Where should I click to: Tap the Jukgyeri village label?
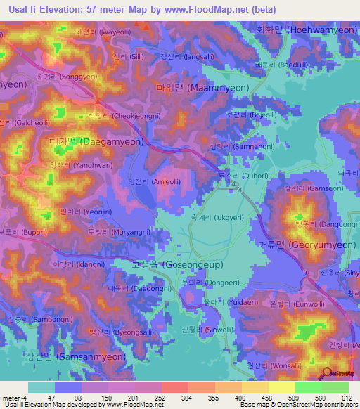click(x=220, y=219)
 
